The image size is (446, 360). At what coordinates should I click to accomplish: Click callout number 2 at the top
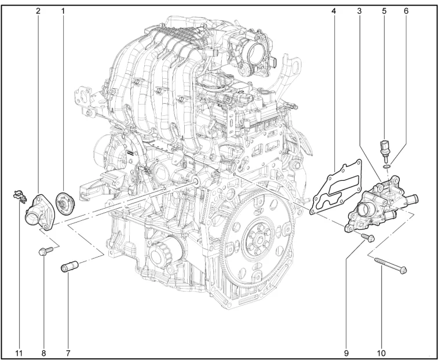point(38,11)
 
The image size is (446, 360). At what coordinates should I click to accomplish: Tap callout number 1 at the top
point(63,11)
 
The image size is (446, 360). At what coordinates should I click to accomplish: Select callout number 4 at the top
point(334,11)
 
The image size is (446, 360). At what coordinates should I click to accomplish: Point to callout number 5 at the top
point(384,11)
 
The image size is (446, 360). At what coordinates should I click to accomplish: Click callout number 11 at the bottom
point(19,353)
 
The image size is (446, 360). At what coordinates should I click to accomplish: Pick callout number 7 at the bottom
point(68,353)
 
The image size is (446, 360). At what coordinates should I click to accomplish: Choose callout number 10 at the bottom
point(381,353)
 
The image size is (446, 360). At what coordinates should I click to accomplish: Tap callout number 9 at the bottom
point(346,353)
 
